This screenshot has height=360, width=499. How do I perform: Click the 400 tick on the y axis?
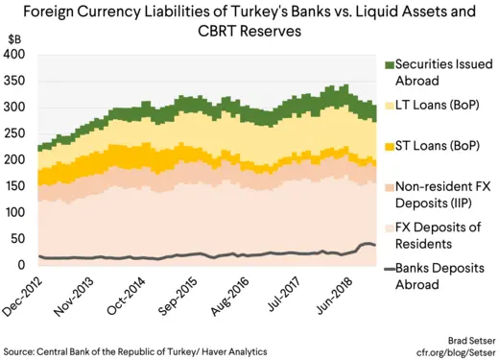point(14,55)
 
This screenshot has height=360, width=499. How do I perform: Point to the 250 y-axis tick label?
point(14,133)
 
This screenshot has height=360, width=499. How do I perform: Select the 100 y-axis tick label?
point(14,212)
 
